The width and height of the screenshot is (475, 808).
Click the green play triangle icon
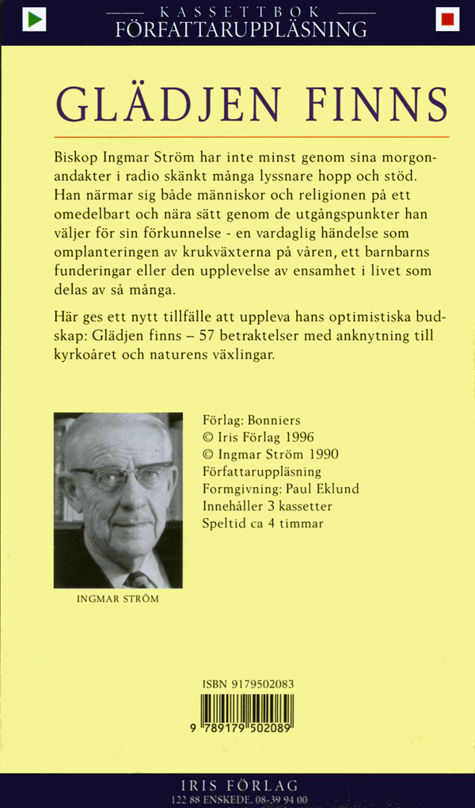tap(33, 19)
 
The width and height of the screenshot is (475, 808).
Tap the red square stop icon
tap(447, 19)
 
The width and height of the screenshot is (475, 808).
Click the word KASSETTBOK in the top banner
tap(240, 13)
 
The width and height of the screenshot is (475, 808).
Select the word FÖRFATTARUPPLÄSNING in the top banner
tap(241, 31)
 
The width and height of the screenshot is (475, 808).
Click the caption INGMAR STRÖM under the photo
tap(118, 599)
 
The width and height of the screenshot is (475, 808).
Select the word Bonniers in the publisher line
tap(275, 420)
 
